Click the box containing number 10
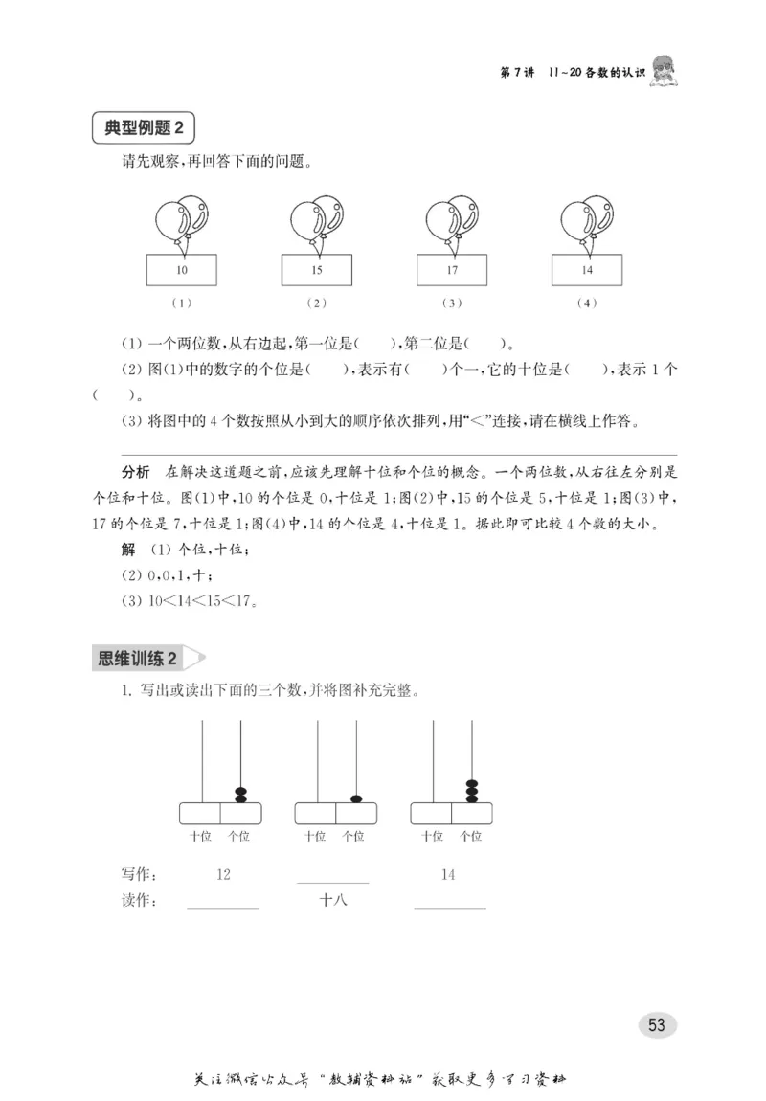click(182, 270)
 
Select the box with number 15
click(317, 270)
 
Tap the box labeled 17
click(452, 270)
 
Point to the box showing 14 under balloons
click(587, 270)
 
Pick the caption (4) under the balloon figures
click(587, 303)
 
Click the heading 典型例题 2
click(143, 128)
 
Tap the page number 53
click(657, 1024)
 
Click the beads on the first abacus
click(240, 795)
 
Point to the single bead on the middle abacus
click(356, 798)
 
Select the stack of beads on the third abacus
click(471, 791)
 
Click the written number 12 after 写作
click(223, 874)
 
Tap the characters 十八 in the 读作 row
click(333, 900)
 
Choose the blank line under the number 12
click(223, 906)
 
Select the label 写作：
click(140, 874)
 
